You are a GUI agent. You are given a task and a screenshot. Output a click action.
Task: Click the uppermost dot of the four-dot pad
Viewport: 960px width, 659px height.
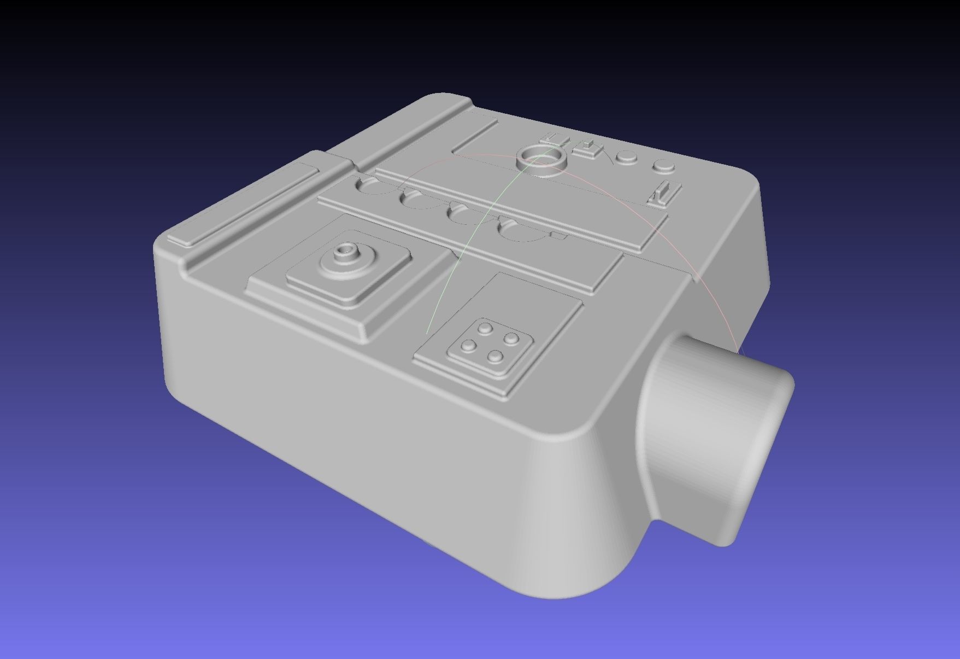click(485, 328)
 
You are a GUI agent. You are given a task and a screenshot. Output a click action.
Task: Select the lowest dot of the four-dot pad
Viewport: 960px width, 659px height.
click(496, 357)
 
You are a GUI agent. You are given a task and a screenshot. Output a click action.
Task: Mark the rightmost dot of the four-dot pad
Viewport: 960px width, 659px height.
click(511, 339)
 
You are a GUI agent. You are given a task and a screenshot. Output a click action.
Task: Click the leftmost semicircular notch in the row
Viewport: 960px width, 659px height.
click(372, 185)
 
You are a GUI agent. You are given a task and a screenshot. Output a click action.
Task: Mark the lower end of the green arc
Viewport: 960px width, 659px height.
click(427, 332)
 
